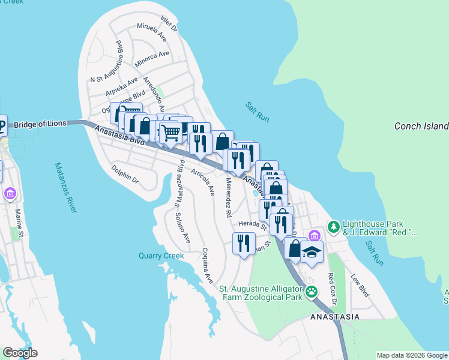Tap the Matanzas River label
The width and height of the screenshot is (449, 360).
point(65,187)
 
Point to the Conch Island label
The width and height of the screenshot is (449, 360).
point(421,126)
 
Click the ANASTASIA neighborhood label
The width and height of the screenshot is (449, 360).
point(334,316)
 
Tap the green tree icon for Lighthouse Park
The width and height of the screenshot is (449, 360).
point(333,227)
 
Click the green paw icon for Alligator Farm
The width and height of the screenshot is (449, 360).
point(311,292)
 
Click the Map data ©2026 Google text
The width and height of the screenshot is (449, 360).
point(411,355)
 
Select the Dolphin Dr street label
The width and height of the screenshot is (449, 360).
point(125,175)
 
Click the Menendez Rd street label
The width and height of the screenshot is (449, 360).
point(229,196)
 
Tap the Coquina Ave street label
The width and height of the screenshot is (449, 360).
point(208,266)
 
